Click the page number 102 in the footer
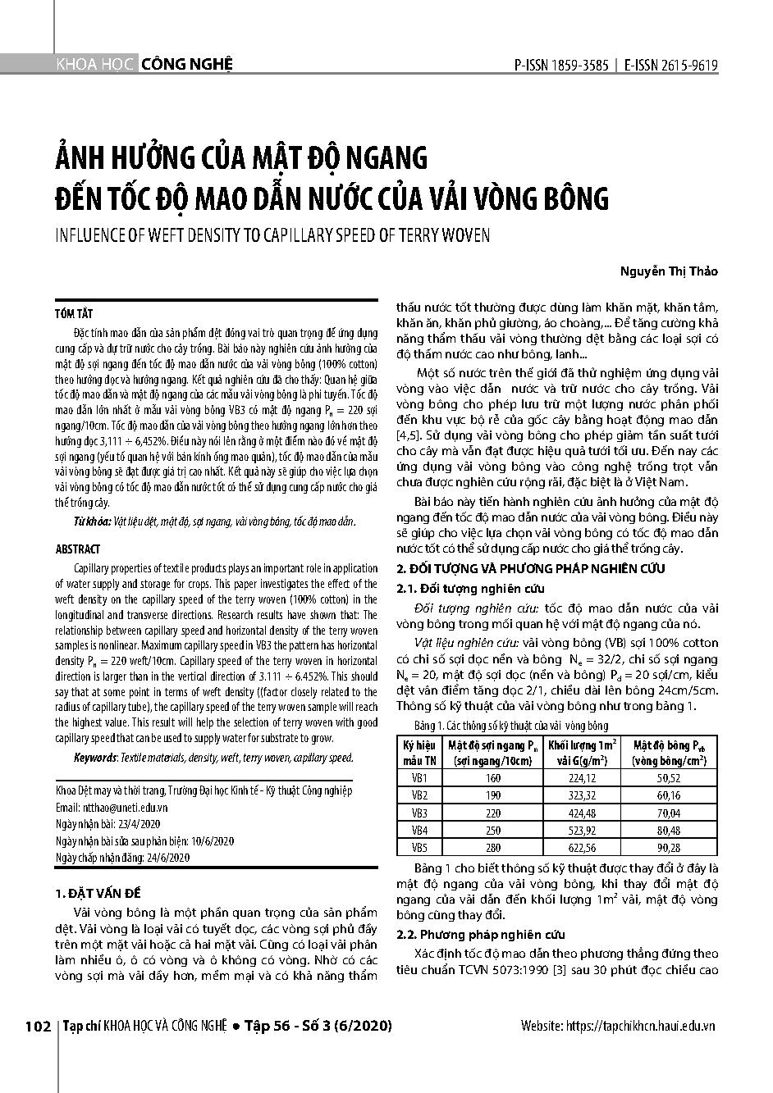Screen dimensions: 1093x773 pos(39,1027)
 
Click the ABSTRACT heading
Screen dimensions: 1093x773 pos(77,549)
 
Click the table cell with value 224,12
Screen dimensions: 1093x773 pos(582,777)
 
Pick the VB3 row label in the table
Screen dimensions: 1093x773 pos(419,813)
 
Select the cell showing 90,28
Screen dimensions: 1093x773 pos(669,848)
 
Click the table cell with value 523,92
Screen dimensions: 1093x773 pos(582,830)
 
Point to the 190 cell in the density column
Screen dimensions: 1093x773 pos(492,795)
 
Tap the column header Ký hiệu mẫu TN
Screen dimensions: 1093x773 pos(419,752)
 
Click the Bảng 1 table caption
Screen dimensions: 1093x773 pos(510,726)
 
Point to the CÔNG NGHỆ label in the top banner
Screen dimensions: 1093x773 pos(187,64)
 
